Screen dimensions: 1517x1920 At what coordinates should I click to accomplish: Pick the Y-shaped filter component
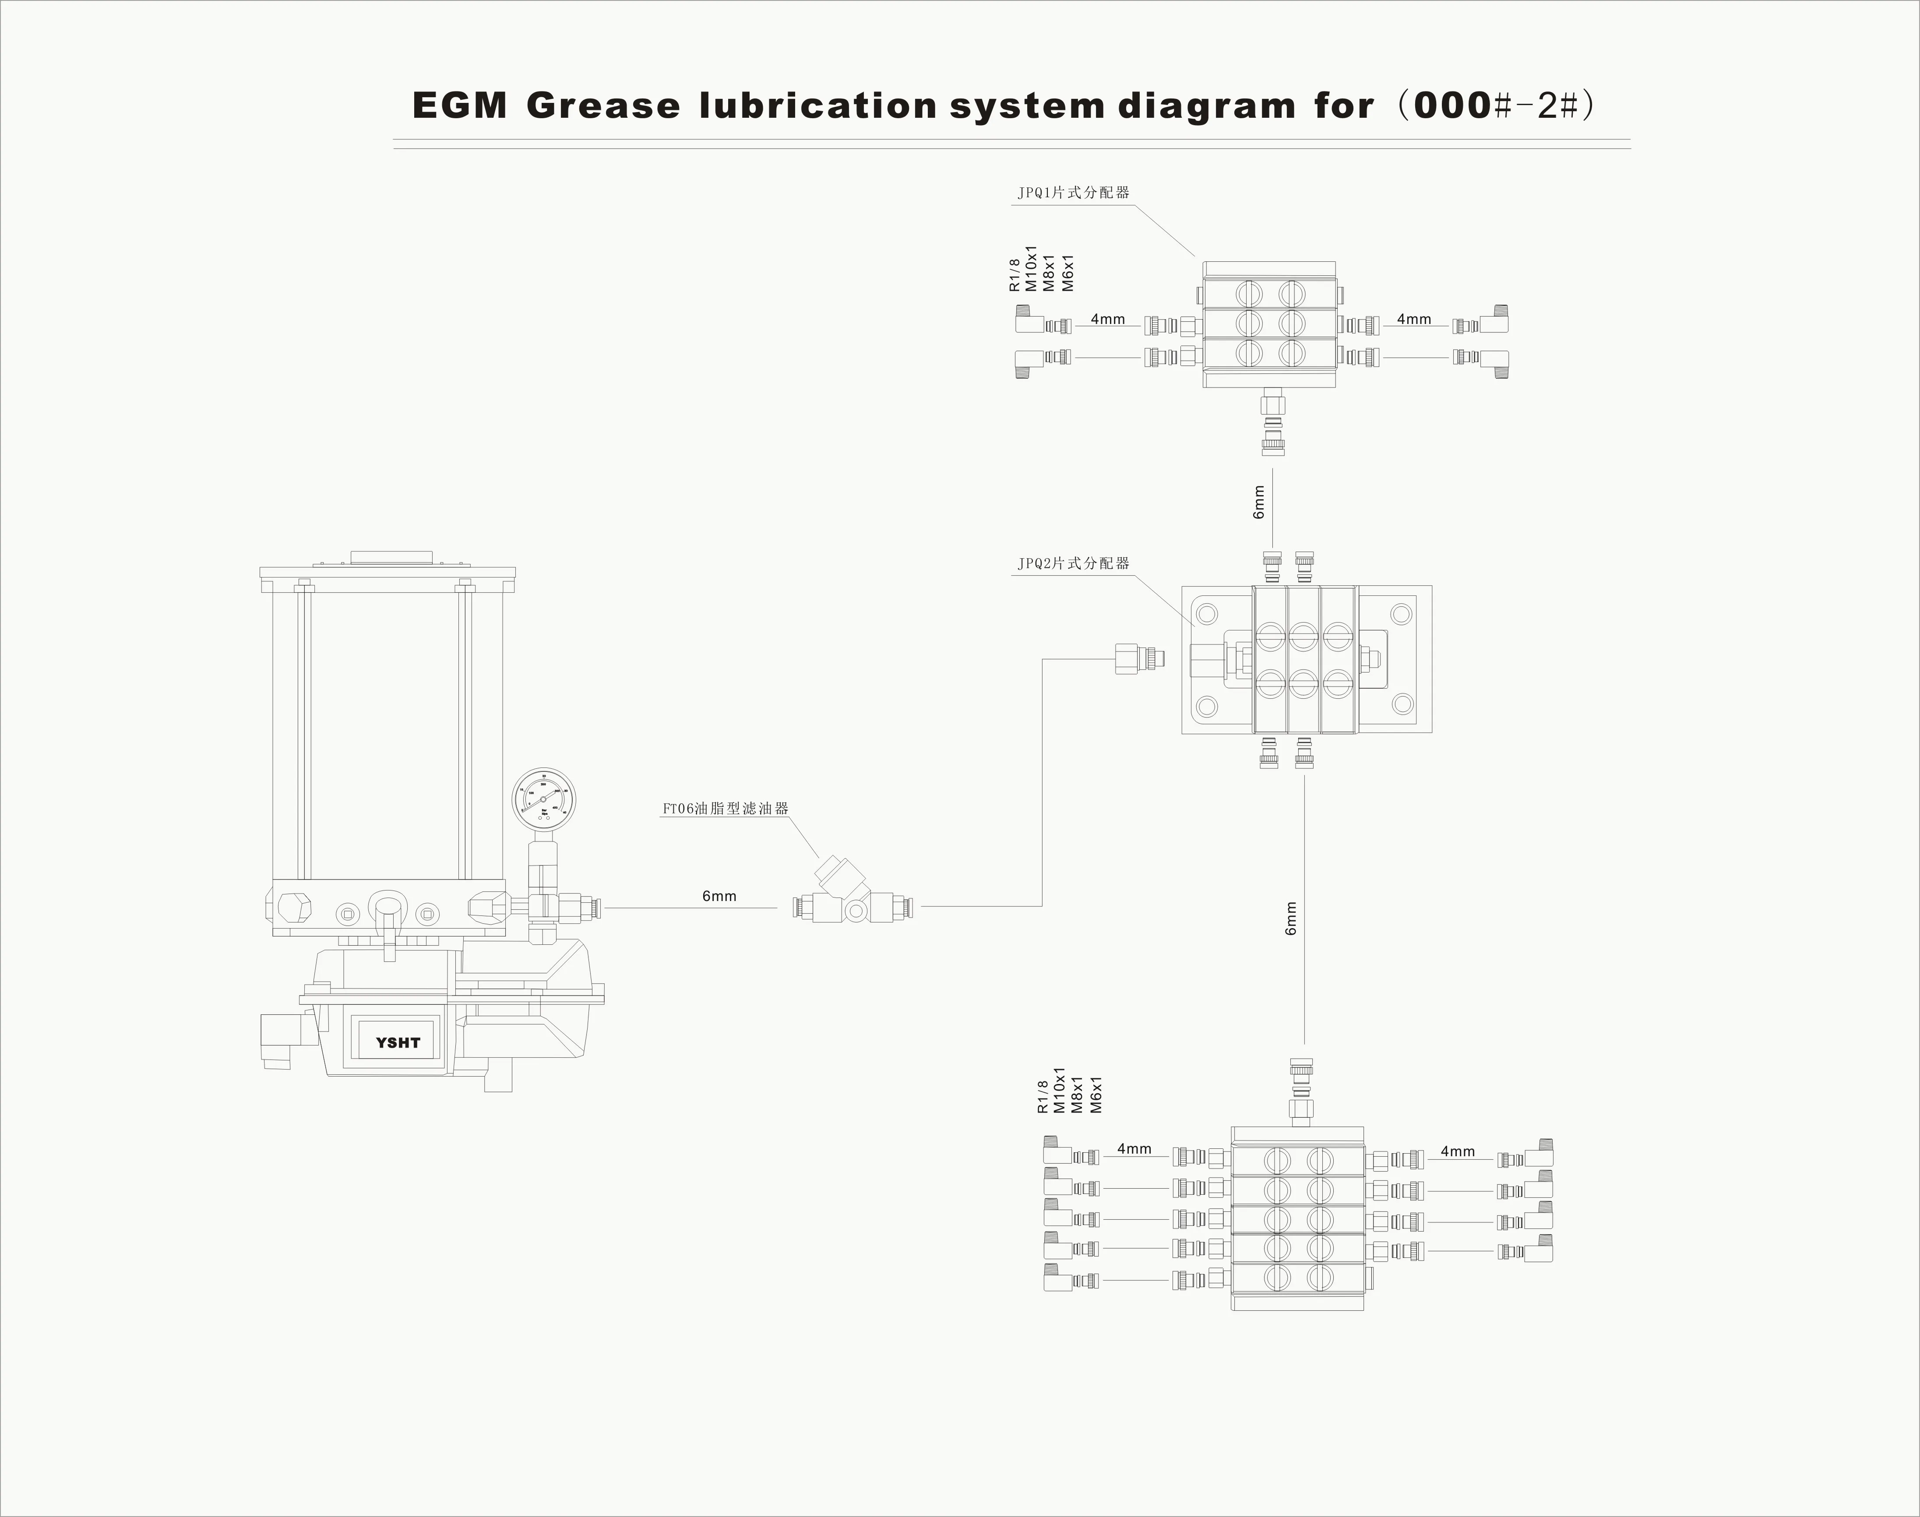pos(844,893)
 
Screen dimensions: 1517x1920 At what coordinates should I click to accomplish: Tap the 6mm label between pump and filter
pos(719,896)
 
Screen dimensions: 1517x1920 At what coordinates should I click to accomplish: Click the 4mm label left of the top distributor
pos(1107,319)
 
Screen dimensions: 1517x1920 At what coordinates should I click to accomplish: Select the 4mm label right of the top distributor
pos(1414,319)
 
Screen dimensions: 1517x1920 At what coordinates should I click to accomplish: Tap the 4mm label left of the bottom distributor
pos(1134,1148)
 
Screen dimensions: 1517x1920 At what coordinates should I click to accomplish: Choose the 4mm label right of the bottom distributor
pos(1457,1151)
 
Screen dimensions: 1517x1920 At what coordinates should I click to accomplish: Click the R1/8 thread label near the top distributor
pos(1015,275)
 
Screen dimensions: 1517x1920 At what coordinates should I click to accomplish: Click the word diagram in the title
pos(1206,106)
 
